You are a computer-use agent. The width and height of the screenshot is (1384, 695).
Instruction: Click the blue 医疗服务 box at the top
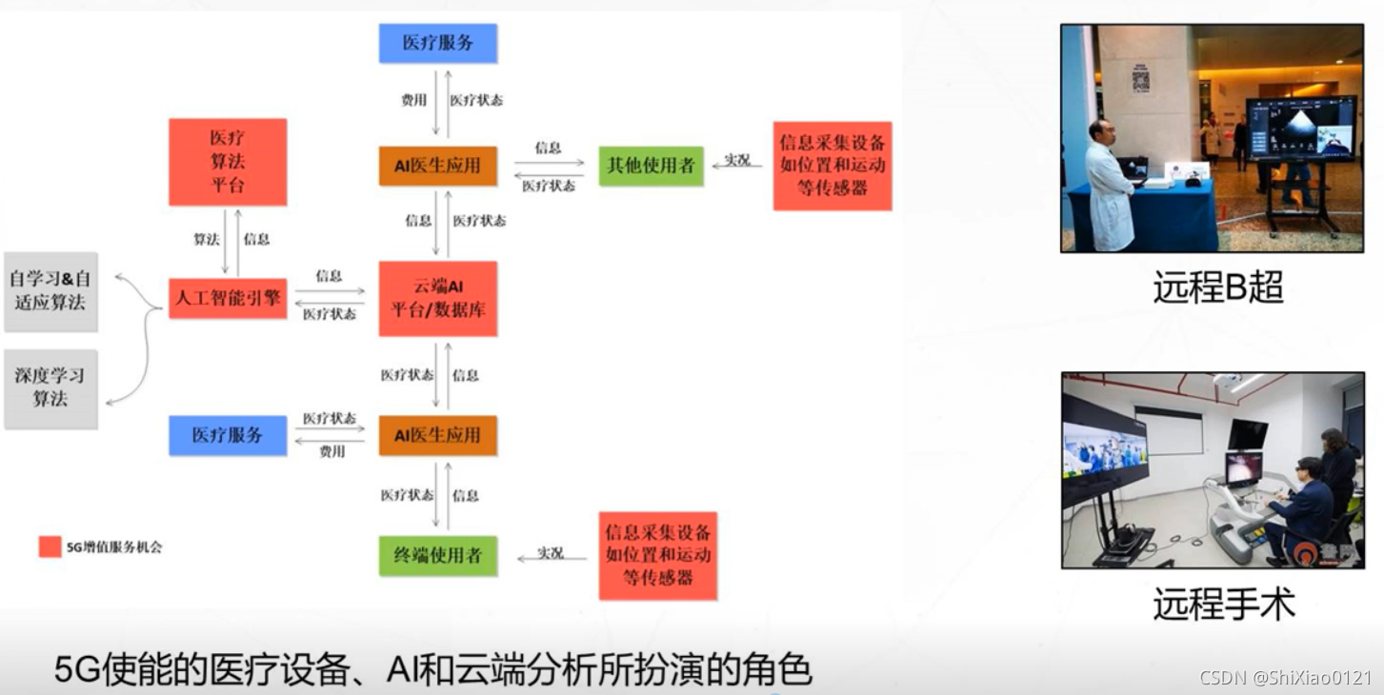tap(437, 43)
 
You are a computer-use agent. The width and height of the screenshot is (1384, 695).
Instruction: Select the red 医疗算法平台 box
tap(228, 162)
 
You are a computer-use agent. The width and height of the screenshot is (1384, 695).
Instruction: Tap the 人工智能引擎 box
tap(228, 298)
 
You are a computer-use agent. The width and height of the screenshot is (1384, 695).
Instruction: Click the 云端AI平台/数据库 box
tap(437, 298)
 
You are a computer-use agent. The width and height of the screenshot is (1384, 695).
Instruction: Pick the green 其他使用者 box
tap(651, 166)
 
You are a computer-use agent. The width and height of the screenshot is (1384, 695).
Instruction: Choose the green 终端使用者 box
tap(437, 555)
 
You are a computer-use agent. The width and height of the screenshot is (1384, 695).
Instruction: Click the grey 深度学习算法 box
tap(50, 387)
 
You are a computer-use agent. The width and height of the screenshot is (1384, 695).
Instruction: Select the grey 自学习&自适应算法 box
tap(50, 290)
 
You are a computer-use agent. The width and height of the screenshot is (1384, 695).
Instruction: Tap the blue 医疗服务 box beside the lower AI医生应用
tap(228, 435)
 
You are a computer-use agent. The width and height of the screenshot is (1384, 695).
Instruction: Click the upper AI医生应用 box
tap(437, 166)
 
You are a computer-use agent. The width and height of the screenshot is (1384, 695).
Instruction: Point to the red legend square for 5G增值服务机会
tap(50, 546)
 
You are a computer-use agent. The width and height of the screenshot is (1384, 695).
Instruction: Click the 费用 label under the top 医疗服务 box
tap(413, 100)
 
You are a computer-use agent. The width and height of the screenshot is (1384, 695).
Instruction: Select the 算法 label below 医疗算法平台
tap(206, 239)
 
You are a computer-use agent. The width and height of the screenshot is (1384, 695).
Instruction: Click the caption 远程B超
tap(1217, 288)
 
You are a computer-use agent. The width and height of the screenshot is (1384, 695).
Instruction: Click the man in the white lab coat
tap(1109, 186)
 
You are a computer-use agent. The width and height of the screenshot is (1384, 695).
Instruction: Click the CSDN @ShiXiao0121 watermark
tap(1285, 678)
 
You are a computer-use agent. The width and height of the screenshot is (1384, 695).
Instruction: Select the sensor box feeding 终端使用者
tap(657, 555)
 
